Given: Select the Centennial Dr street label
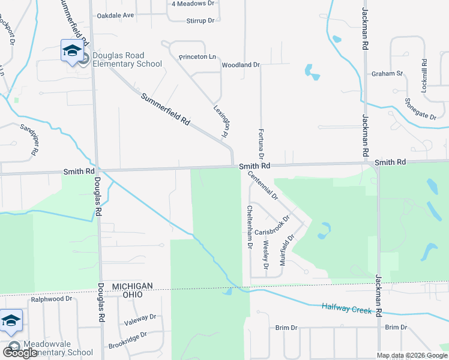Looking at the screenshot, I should [263, 185].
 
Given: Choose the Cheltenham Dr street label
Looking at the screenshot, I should [249, 227].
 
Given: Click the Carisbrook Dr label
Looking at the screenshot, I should [272, 232].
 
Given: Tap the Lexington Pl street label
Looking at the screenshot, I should [223, 122].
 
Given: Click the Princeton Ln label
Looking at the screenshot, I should [197, 56].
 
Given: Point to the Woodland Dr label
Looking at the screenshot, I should [240, 64].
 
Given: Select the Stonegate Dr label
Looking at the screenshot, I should [421, 109].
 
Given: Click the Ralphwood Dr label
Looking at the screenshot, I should [52, 298].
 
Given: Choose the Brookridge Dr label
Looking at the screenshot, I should [127, 341].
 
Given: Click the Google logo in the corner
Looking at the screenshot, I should [20, 353].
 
